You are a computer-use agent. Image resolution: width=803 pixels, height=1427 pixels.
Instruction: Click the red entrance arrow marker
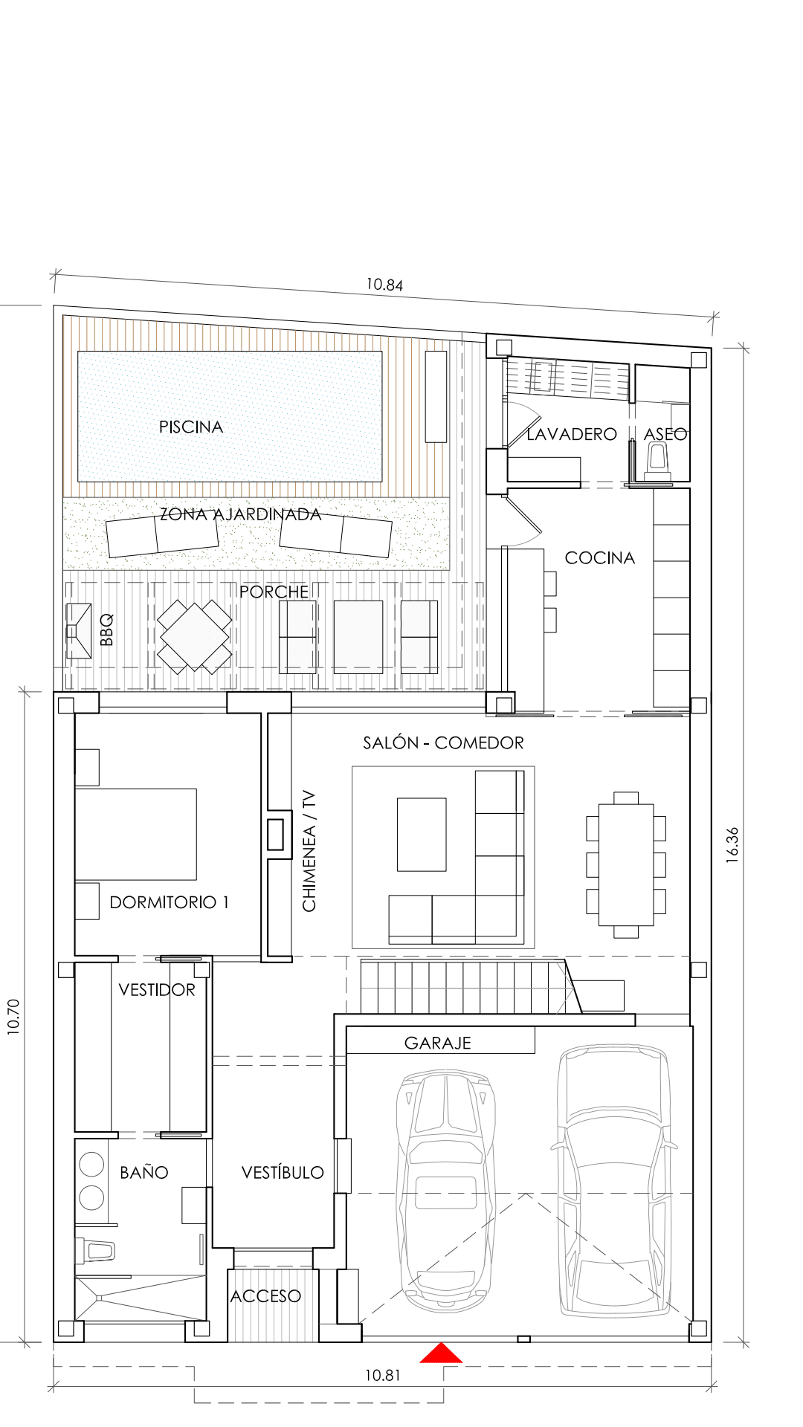coord(441,1353)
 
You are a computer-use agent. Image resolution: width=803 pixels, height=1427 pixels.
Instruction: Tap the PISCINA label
coord(191,427)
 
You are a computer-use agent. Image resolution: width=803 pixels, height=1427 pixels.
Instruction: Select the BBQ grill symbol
coord(79,631)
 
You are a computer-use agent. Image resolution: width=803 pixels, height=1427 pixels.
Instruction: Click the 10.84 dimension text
coord(384,285)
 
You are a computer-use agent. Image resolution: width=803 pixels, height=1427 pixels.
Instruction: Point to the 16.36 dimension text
coord(732,844)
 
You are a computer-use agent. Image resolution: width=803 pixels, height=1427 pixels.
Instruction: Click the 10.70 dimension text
coord(13,1017)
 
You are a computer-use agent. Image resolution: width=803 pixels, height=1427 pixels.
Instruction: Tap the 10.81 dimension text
coord(382,1376)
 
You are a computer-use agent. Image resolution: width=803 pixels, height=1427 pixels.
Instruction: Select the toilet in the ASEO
coord(657,461)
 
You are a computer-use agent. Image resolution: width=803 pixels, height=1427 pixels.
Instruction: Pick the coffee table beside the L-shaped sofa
coord(422,835)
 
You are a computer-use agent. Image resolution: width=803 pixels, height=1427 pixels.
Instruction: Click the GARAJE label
coord(438,1043)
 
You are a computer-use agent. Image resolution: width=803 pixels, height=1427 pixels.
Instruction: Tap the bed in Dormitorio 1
coord(135,834)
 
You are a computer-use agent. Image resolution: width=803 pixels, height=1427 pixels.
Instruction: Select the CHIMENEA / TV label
coord(309,851)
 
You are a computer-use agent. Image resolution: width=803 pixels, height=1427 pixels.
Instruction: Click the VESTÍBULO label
coord(283,1173)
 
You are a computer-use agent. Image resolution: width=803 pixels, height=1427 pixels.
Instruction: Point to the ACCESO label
coord(265,1296)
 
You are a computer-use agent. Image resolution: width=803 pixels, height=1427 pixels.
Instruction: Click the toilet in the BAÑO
coord(94,1250)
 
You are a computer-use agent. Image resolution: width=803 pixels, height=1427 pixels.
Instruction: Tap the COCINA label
coord(600,558)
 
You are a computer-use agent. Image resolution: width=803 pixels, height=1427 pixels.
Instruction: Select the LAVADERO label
coord(572,434)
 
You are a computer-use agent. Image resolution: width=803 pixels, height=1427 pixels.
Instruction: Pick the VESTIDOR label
coord(157,990)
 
